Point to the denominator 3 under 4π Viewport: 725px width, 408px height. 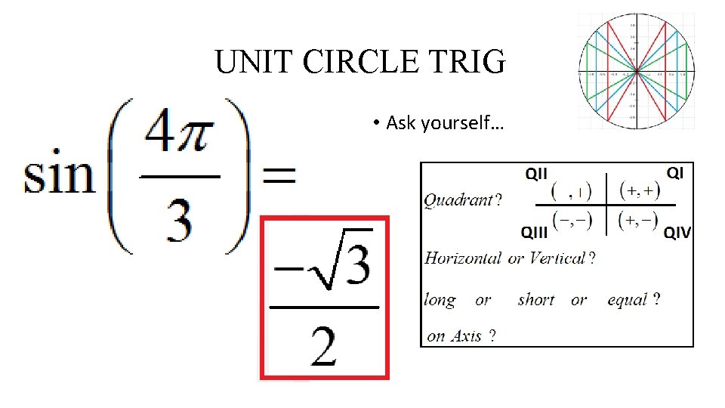point(179,219)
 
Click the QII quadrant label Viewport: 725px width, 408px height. point(536,174)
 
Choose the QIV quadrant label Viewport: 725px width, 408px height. point(677,233)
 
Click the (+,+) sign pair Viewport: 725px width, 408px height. point(639,191)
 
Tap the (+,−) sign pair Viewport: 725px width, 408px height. point(639,221)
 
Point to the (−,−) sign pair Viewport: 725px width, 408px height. point(572,221)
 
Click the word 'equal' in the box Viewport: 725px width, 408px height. point(628,300)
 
